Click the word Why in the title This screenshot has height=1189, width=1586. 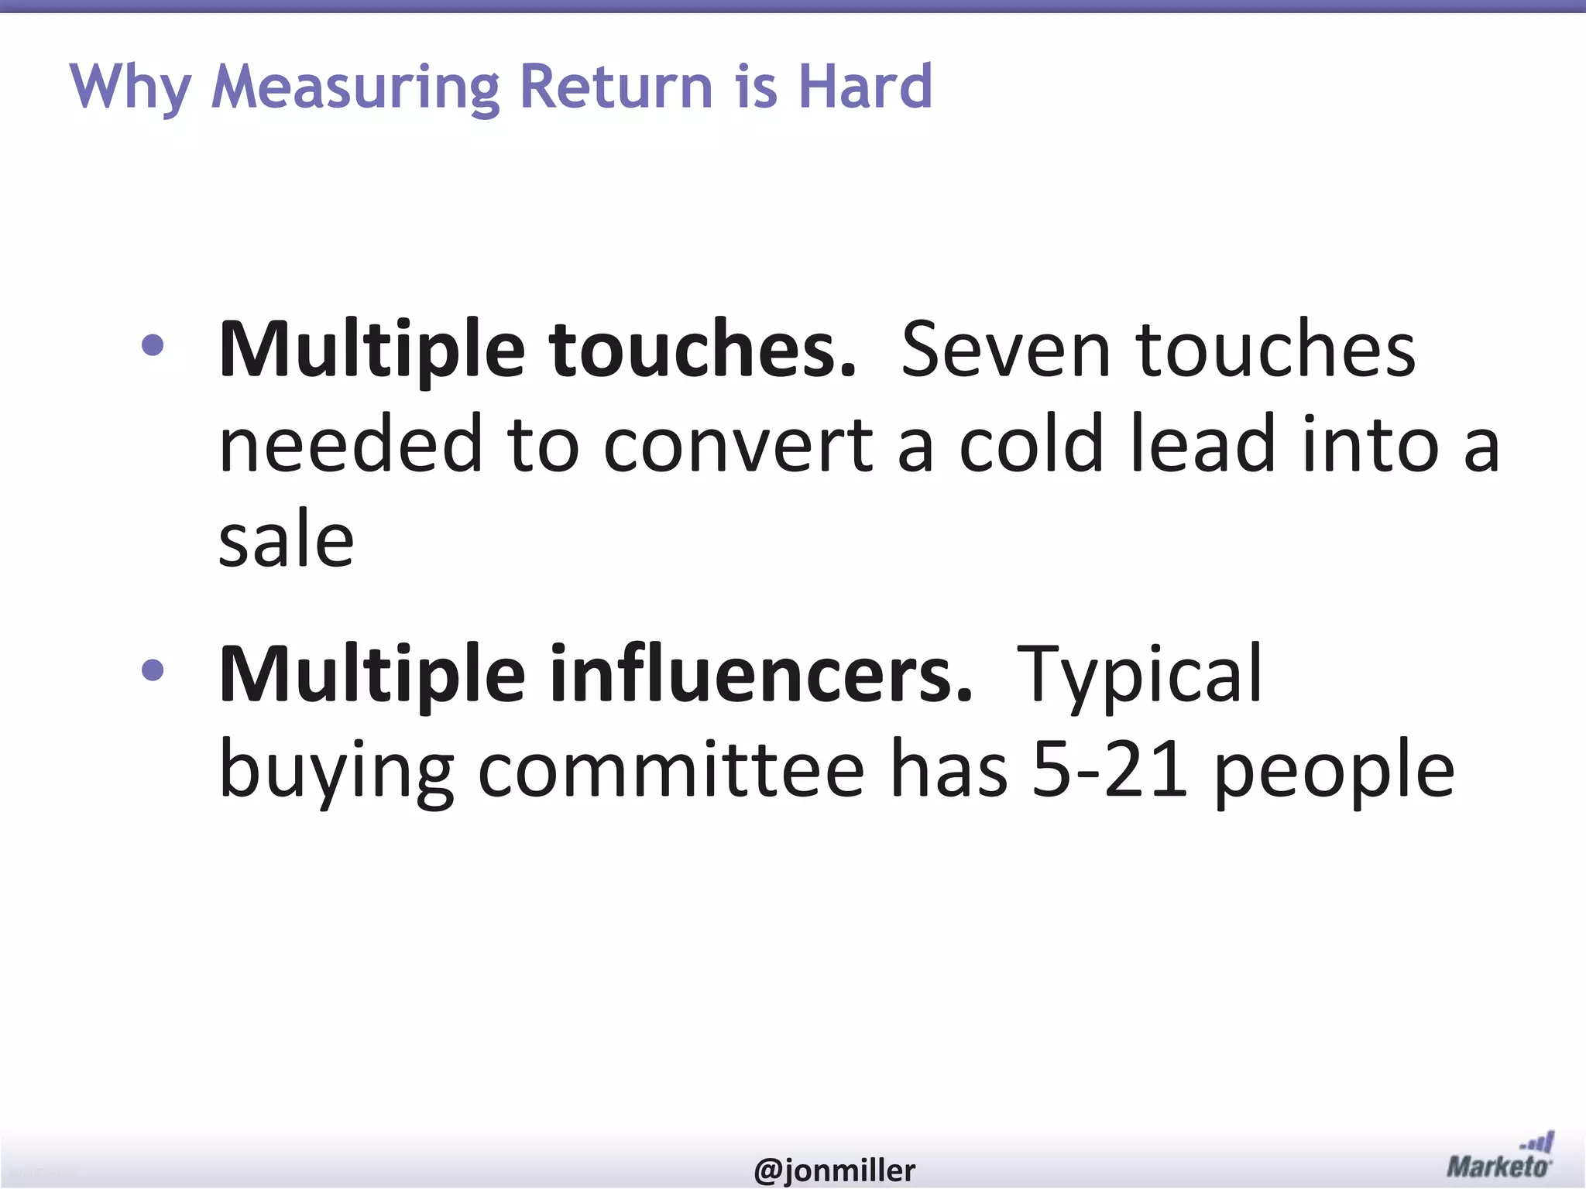click(130, 87)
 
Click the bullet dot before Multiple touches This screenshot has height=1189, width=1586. click(153, 344)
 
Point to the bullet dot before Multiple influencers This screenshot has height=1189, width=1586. click(153, 670)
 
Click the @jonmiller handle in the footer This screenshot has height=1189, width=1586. click(834, 1170)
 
